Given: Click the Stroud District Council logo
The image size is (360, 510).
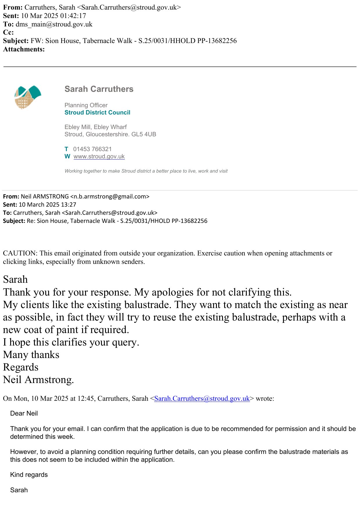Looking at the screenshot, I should (28, 97).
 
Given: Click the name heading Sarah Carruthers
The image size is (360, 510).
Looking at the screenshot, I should (99, 89).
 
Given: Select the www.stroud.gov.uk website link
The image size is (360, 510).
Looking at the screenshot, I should (99, 156).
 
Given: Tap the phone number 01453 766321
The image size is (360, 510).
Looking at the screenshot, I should (92, 149).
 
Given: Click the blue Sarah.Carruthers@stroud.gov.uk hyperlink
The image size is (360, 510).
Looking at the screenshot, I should (202, 398).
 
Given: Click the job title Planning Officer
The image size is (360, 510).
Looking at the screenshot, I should (86, 105).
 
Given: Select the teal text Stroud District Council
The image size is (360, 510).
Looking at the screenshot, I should (97, 112).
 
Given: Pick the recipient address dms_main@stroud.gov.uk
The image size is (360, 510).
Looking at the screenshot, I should (54, 24).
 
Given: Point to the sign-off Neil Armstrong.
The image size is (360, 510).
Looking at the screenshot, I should (38, 380).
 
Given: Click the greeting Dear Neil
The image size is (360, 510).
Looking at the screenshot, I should (24, 413).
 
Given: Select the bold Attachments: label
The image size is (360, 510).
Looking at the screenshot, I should (24, 49).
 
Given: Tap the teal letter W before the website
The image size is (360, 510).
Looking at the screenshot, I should (67, 156).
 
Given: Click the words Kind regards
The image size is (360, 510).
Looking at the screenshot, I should (29, 475).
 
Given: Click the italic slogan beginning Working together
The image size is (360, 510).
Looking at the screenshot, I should (146, 171).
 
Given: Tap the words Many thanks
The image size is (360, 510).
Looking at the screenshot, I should (31, 355).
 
